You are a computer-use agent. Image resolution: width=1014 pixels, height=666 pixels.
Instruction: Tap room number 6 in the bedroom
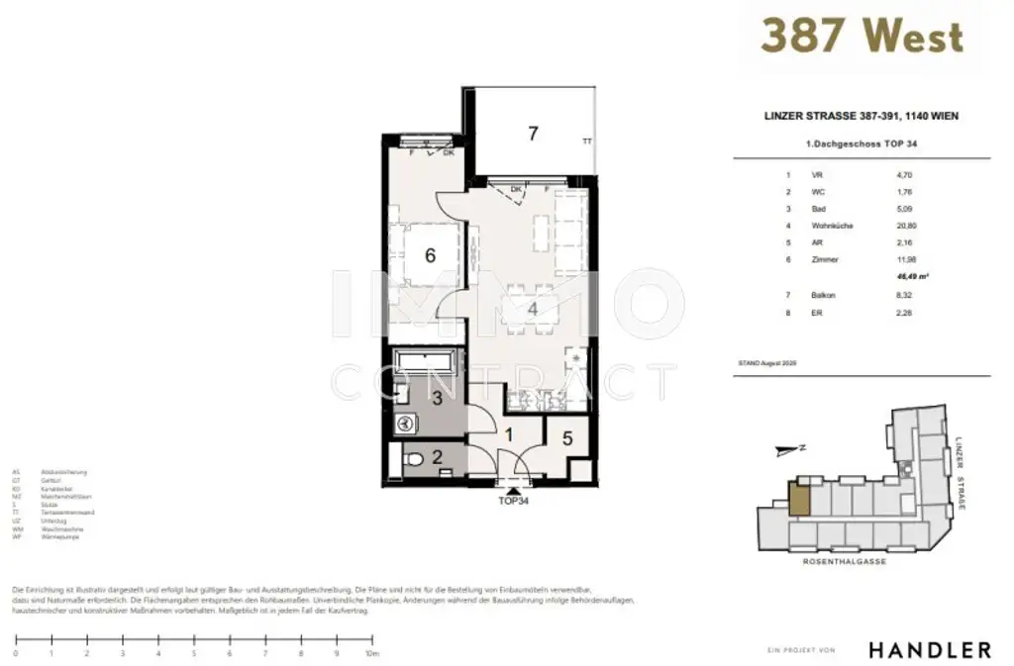point(430,255)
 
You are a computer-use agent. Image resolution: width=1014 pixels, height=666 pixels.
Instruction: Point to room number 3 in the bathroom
point(437,398)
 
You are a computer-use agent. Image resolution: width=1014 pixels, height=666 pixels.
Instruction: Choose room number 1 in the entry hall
point(509,433)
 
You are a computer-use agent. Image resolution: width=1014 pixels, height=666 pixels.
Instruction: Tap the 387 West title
point(861,37)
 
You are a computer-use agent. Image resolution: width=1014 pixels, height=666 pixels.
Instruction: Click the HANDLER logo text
point(930,650)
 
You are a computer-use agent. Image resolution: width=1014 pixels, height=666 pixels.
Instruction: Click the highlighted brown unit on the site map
point(798,498)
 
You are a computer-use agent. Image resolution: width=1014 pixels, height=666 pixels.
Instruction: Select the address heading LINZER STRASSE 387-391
point(861,116)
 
